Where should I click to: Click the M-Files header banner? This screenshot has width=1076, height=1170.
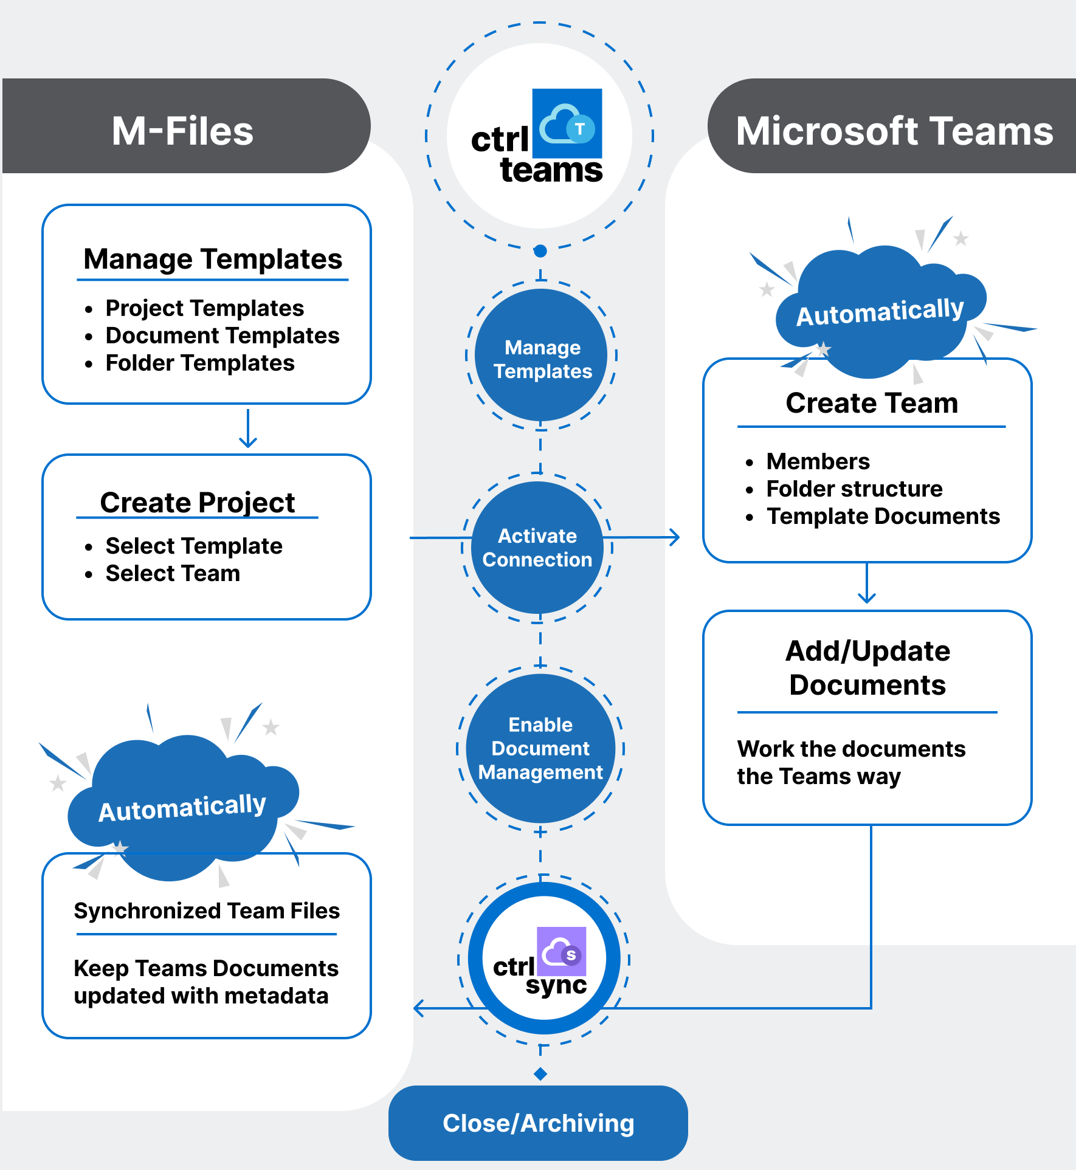tap(182, 131)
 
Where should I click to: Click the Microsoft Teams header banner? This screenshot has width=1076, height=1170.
tap(894, 131)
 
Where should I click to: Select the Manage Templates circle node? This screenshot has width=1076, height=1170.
tap(542, 359)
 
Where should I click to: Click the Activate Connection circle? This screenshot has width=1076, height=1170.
tap(537, 548)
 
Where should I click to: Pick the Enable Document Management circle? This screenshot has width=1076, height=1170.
tap(540, 748)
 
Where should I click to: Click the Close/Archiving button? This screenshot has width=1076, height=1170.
tap(538, 1123)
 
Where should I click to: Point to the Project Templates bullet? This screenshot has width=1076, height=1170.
tap(204, 308)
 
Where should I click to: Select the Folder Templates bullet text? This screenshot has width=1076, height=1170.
tap(200, 363)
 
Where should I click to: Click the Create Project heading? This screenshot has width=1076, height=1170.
tap(198, 503)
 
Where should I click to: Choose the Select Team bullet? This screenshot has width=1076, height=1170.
tap(173, 573)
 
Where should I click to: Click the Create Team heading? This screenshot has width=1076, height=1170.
tap(872, 403)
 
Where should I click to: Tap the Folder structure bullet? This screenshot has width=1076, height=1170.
tap(854, 489)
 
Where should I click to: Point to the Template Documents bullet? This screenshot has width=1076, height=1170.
tap(883, 516)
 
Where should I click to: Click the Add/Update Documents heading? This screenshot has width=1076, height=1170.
tap(867, 668)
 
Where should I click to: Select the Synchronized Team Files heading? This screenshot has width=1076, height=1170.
tap(207, 910)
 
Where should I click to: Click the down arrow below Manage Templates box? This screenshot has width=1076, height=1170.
tap(248, 429)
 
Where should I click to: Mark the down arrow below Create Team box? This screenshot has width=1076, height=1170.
tap(867, 584)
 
